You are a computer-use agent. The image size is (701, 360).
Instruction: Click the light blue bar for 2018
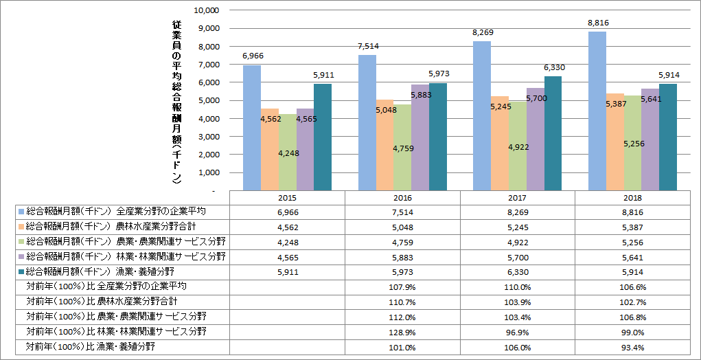coord(597,110)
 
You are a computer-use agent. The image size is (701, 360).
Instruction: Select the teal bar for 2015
coord(323,137)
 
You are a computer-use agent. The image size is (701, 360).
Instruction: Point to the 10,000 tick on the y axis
coord(205,10)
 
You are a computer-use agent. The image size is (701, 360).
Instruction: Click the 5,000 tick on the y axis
coord(205,100)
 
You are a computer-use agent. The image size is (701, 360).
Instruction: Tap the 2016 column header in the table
coord(402,197)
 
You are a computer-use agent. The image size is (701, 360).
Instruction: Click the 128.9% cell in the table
coord(402,332)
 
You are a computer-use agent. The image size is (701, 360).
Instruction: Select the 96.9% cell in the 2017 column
coord(518,332)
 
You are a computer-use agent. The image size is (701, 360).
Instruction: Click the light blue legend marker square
coord(21,212)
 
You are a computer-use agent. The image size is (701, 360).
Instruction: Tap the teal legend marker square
coord(21,271)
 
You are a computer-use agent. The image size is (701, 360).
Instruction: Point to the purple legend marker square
coord(21,256)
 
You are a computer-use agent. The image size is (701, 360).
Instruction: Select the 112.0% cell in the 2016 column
coord(402,317)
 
